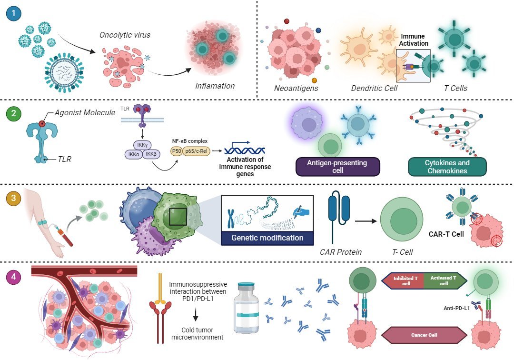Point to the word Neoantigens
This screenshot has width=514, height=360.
(296, 88)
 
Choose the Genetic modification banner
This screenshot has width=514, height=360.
(268, 238)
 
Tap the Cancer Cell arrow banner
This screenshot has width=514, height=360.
(425, 335)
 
